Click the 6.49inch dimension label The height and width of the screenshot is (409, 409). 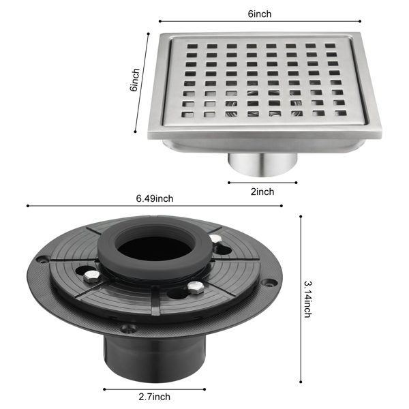click(x=155, y=198)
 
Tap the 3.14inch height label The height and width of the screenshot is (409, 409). click(x=308, y=299)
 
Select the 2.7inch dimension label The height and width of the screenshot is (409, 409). click(x=155, y=397)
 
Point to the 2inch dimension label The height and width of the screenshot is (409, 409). click(x=262, y=192)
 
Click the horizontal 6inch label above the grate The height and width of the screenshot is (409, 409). click(x=260, y=14)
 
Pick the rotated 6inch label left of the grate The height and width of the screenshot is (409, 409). click(x=134, y=80)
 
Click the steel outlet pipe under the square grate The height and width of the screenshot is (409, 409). click(x=262, y=164)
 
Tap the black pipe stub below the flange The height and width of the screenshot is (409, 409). click(x=155, y=359)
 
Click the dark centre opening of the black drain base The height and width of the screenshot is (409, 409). click(x=155, y=249)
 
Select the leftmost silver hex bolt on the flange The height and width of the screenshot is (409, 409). click(x=92, y=276)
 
